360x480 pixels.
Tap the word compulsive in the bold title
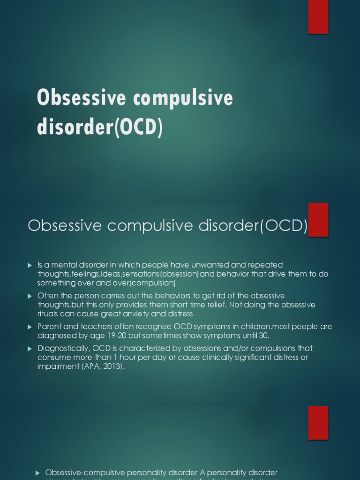(180, 98)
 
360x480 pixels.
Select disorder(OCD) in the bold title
(100, 127)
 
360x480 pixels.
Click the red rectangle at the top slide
(318, 17)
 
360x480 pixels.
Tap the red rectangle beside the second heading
(318, 220)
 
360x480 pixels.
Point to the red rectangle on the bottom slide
(318, 423)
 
